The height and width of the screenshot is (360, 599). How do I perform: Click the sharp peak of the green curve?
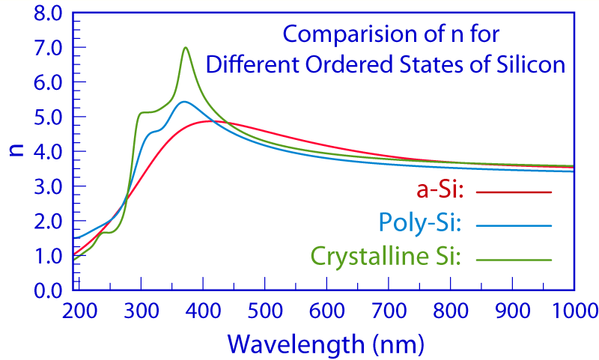coord(185,48)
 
